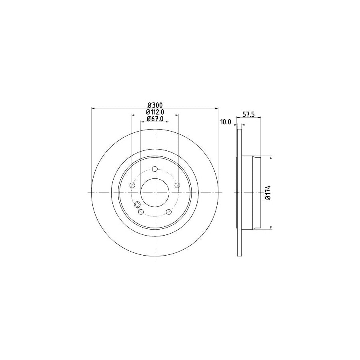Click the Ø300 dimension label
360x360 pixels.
tap(155, 105)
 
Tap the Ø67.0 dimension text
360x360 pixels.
tap(155, 119)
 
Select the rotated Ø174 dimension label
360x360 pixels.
tap(268, 192)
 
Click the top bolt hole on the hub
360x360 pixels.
tap(155, 169)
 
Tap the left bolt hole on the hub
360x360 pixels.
tap(132, 185)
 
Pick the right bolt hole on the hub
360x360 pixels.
tap(177, 185)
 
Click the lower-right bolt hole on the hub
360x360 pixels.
tap(169, 211)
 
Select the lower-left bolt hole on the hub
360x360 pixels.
tap(141, 211)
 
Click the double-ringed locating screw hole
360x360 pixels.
tap(138, 205)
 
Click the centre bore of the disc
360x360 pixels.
tap(155, 192)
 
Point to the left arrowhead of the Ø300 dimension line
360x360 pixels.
tap(94, 108)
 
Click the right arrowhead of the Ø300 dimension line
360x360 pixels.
tap(216, 108)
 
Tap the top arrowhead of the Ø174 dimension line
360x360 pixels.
tap(272, 158)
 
